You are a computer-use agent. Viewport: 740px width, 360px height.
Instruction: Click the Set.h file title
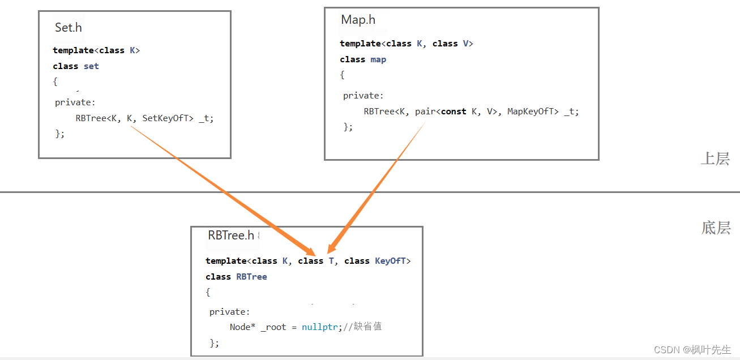pos(69,27)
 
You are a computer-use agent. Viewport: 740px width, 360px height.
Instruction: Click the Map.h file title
pos(358,20)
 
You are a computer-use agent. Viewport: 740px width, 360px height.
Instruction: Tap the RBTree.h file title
pos(231,235)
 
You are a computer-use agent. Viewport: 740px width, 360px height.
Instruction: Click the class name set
pos(91,66)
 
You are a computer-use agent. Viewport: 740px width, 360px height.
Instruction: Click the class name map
pos(378,59)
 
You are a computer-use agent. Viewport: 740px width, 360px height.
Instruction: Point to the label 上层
pos(715,158)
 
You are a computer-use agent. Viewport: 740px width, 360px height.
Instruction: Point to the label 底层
pos(716,228)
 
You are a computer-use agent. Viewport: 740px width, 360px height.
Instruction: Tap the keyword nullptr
pos(320,327)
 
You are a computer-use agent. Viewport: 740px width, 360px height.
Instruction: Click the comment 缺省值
pos(367,327)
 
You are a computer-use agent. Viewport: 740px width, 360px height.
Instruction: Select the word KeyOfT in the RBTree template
pos(391,261)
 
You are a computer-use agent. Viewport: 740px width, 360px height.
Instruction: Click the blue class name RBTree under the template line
pos(252,277)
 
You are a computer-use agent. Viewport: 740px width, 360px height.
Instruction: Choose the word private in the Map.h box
pos(363,96)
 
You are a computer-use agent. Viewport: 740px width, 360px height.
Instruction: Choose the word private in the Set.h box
pos(75,102)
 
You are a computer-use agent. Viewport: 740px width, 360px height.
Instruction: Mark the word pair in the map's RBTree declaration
pos(425,112)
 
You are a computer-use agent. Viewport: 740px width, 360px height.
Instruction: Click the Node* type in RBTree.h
pos(242,327)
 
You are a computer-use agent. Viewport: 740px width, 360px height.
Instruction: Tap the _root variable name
pos(274,327)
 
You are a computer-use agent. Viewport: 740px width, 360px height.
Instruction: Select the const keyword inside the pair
pos(454,112)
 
